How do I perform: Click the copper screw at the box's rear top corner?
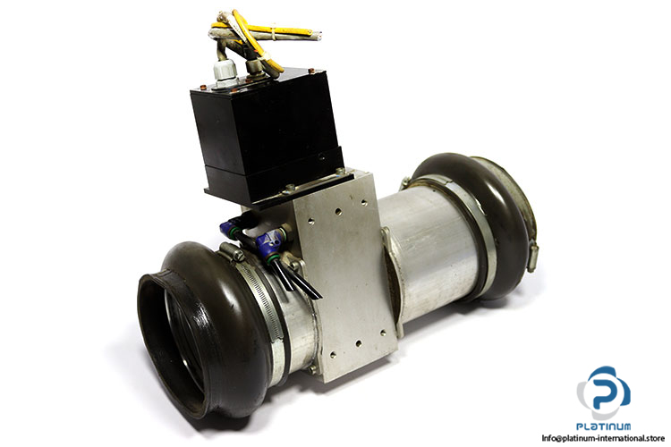(311, 71)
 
